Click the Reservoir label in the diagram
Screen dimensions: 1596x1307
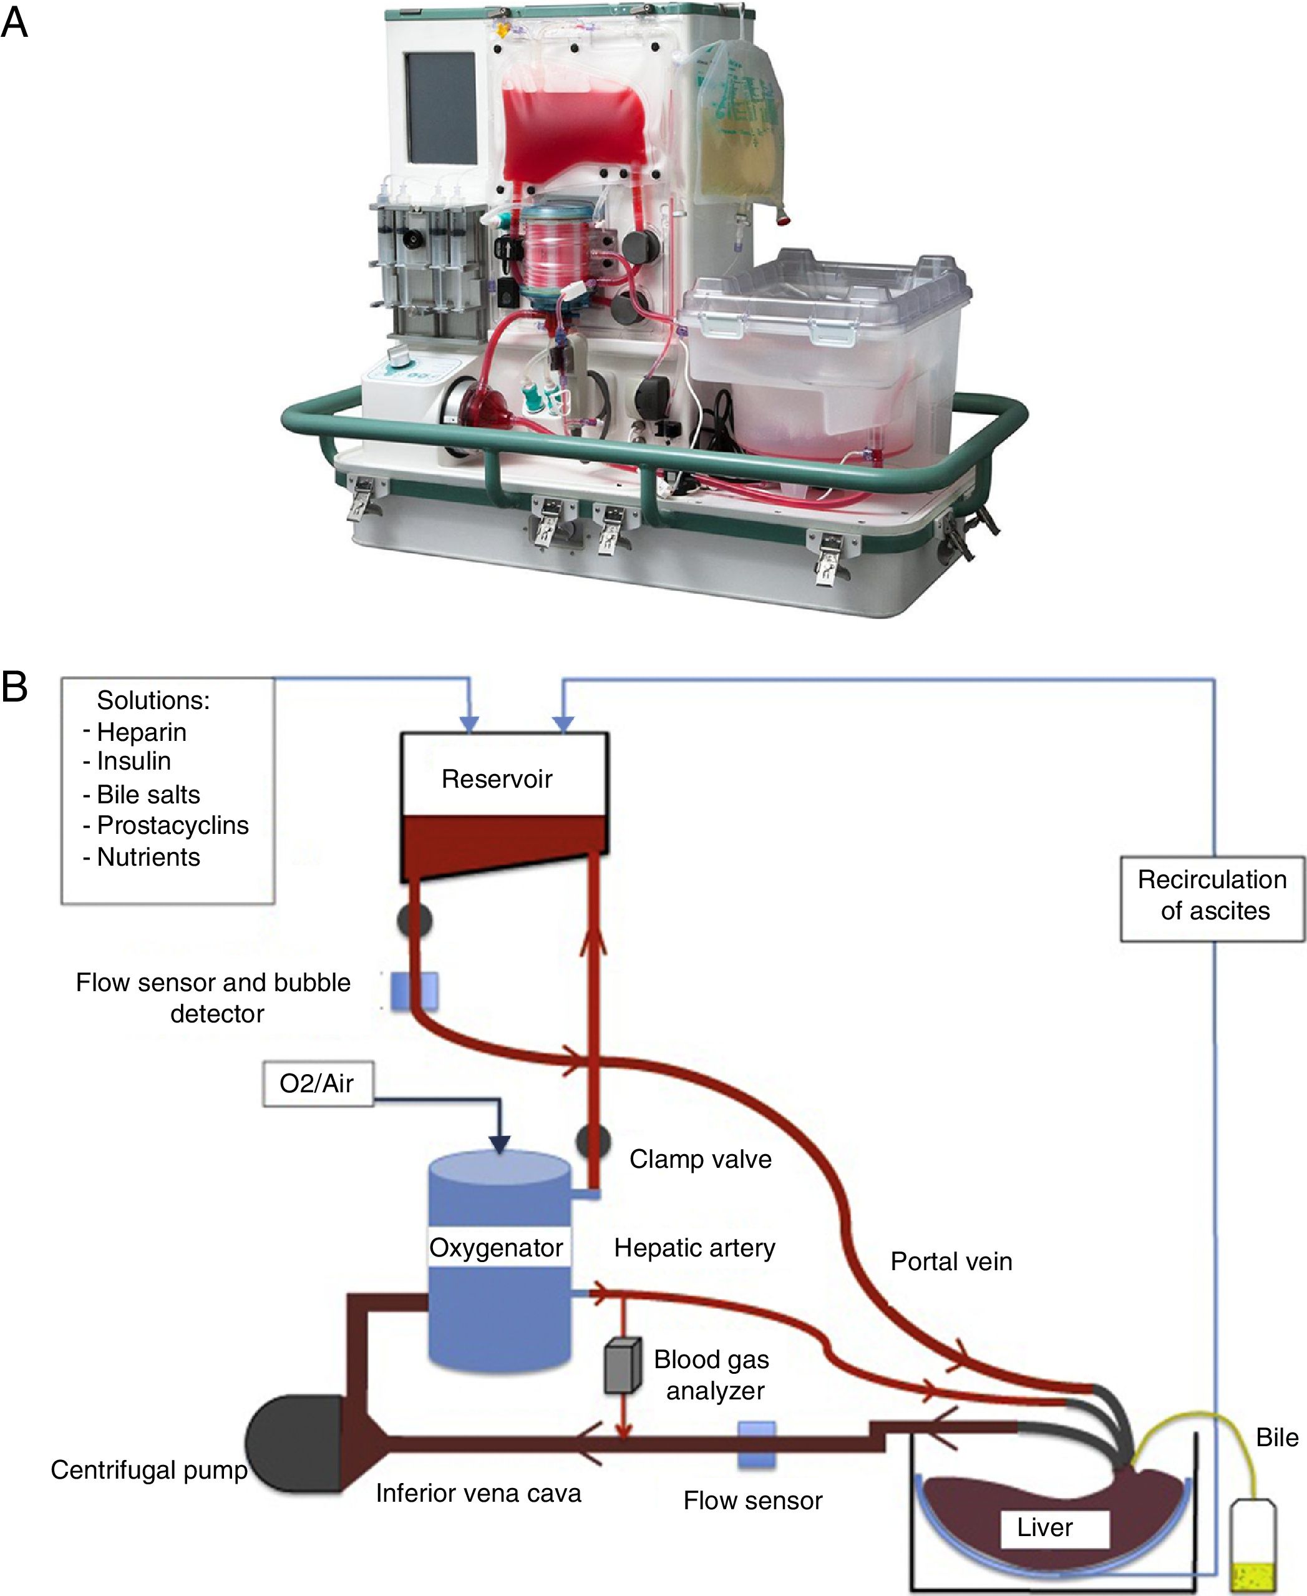click(x=497, y=779)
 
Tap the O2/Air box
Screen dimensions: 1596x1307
click(x=317, y=1083)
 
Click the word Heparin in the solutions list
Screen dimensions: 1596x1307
click(x=142, y=732)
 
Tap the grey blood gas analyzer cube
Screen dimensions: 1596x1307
click(x=623, y=1365)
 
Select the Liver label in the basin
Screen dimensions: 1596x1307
click(x=1044, y=1527)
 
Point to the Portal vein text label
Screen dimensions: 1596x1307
click(x=951, y=1261)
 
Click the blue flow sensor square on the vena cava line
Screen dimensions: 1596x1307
click(x=756, y=1444)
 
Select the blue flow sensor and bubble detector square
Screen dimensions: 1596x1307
click(x=414, y=990)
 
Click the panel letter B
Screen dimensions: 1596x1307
click(x=15, y=687)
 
